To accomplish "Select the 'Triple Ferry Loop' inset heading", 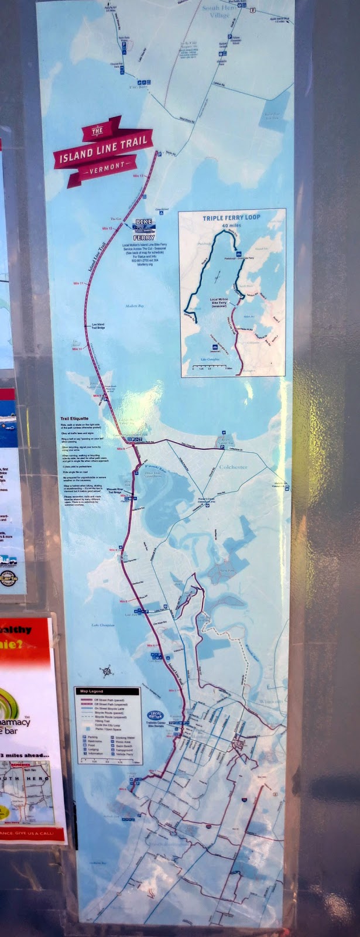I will click(x=231, y=217).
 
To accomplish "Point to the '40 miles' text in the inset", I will click(x=231, y=225).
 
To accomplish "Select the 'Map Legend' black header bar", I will click(x=107, y=692).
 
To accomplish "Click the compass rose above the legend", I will click(x=106, y=669).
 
